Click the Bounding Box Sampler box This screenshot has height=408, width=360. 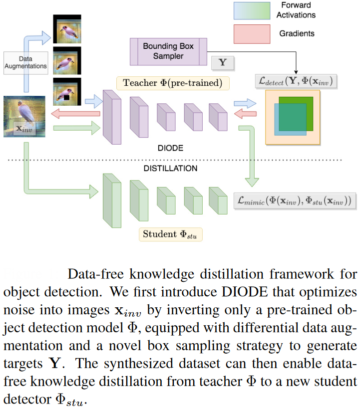[x=168, y=51]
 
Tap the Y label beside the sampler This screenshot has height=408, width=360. [x=222, y=63]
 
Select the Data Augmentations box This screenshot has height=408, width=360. [x=25, y=62]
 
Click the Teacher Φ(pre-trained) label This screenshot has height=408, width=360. [x=172, y=83]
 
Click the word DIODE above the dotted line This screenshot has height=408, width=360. [x=171, y=148]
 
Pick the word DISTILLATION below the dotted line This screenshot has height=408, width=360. [x=170, y=168]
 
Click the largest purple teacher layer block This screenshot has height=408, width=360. [x=112, y=117]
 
